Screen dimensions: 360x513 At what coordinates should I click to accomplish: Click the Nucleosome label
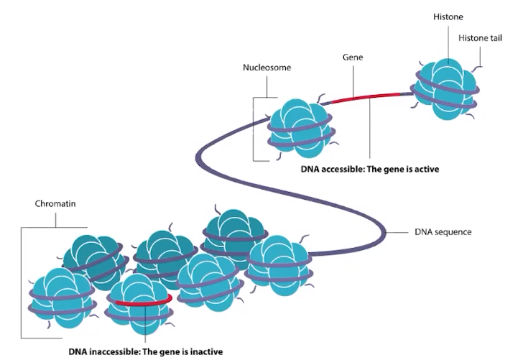(267, 70)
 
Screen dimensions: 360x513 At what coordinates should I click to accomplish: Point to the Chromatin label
(55, 204)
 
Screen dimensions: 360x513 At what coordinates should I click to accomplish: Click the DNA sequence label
(443, 232)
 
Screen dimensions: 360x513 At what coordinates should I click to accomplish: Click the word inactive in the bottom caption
(205, 352)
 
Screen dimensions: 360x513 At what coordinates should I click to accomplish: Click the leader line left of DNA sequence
(398, 232)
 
